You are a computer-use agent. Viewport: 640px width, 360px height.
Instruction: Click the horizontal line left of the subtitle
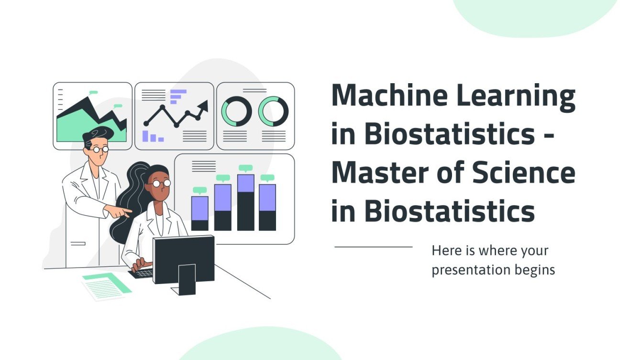pos(373,247)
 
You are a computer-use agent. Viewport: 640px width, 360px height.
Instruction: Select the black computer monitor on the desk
pos(183,259)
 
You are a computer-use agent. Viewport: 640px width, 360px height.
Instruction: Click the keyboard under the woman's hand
pos(142,273)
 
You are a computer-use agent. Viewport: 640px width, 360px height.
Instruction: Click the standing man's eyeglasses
pos(100,149)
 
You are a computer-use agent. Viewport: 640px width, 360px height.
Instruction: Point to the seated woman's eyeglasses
pos(159,183)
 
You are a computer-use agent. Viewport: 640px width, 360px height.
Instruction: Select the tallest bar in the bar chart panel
pos(245,202)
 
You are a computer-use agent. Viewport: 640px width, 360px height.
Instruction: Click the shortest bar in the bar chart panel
pos(199,213)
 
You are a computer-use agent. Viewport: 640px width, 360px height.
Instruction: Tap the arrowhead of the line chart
pos(203,105)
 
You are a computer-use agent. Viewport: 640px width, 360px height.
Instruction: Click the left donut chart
pos(236,112)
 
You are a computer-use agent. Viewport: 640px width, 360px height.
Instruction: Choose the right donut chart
pos(273,112)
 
